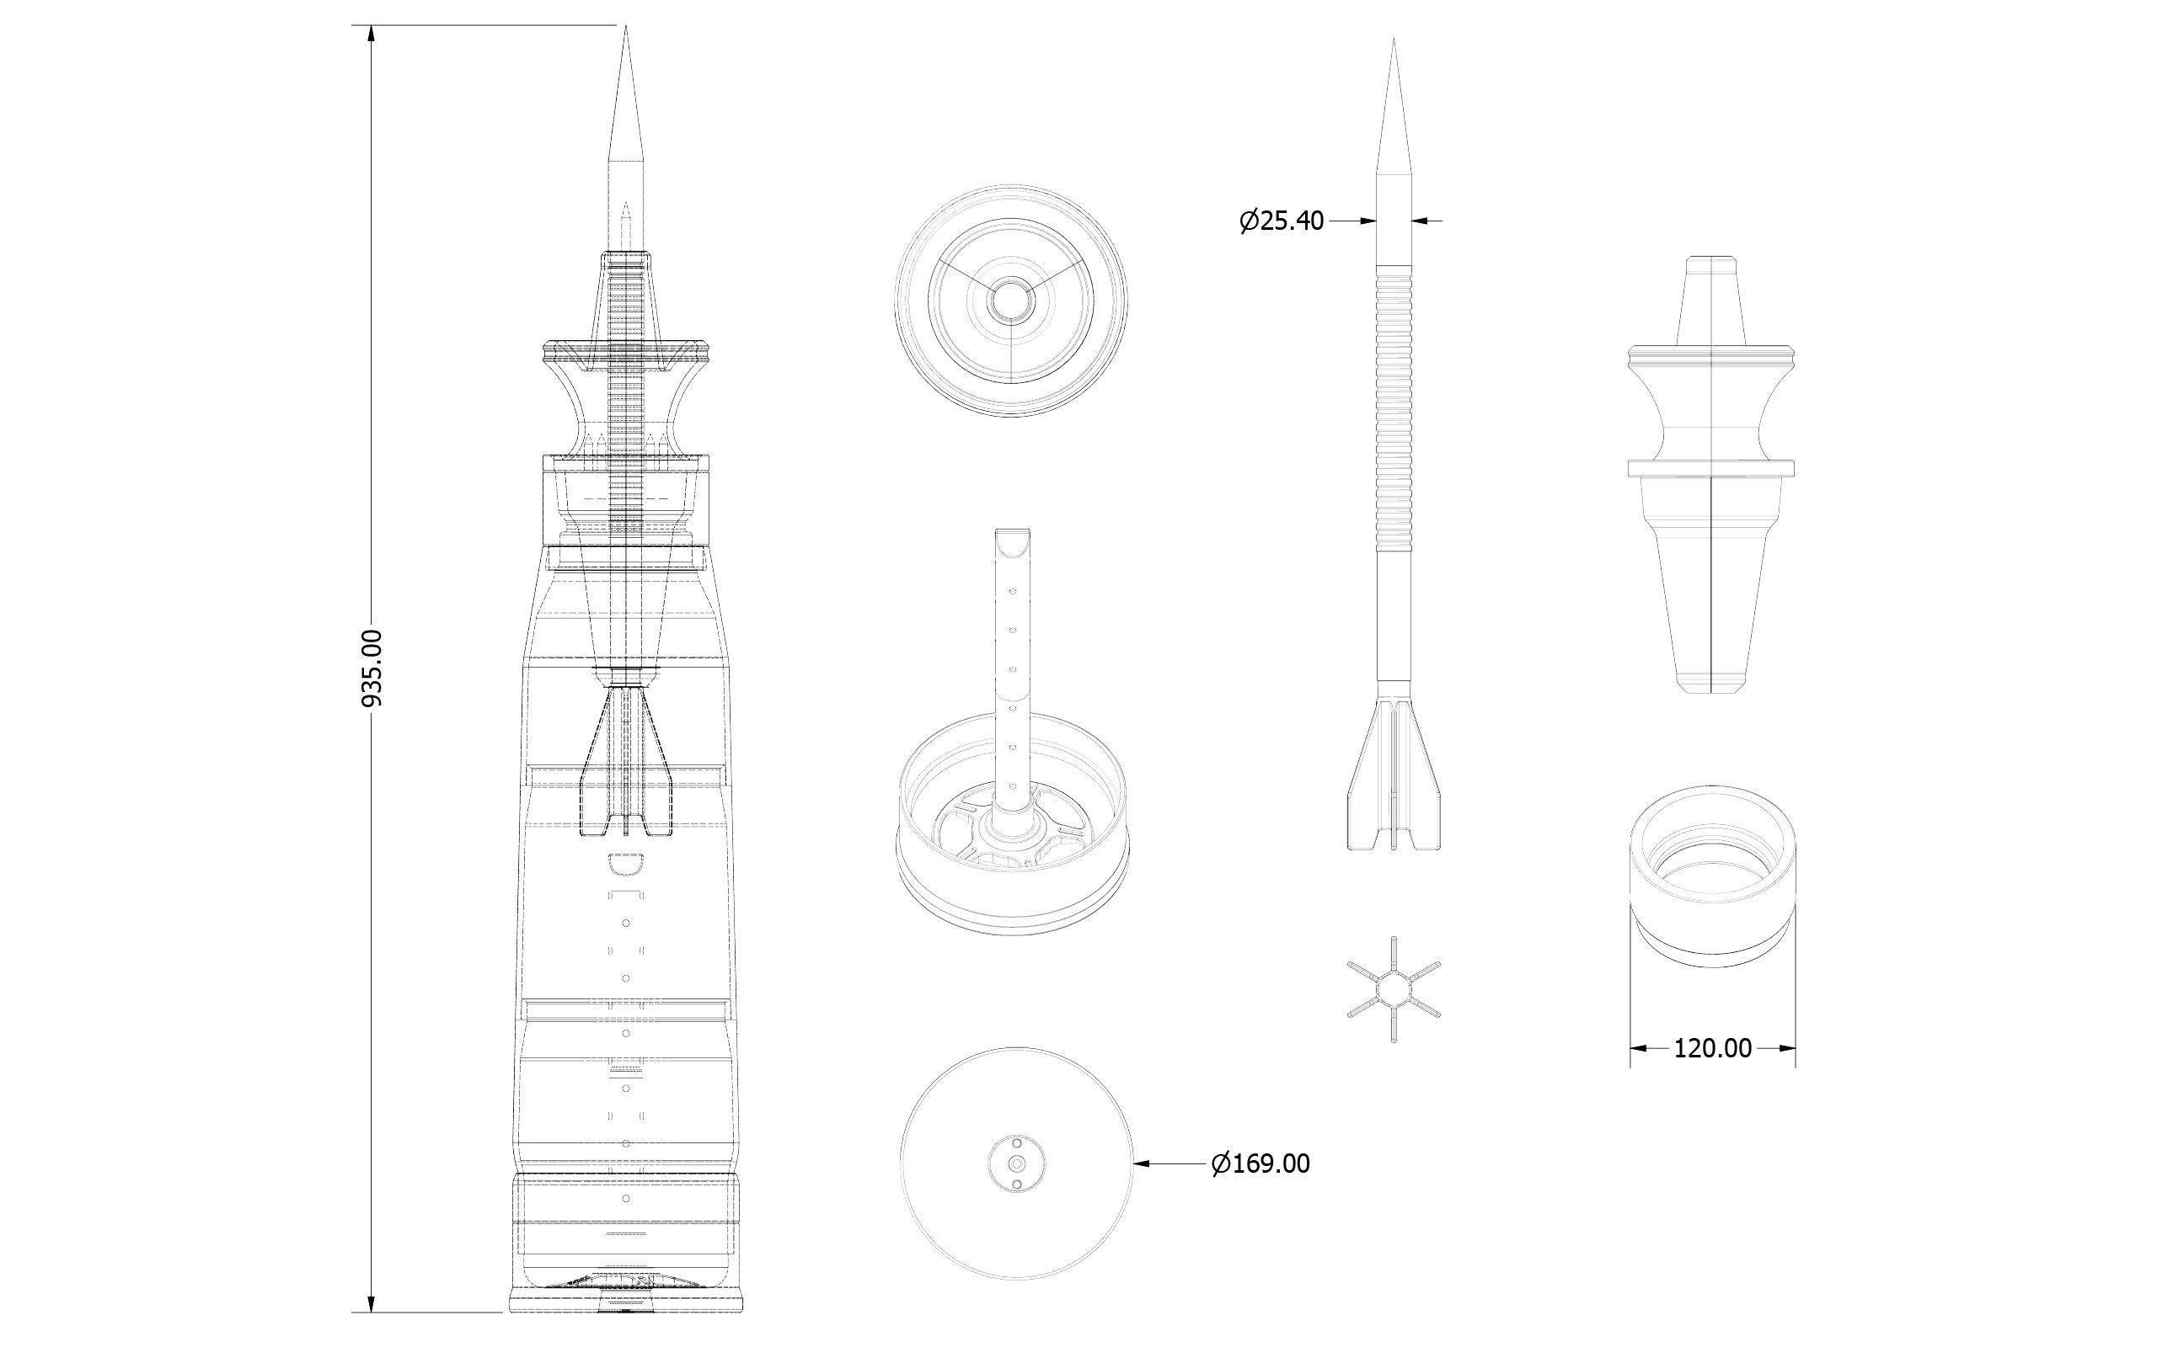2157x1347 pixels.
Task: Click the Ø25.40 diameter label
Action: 1282,221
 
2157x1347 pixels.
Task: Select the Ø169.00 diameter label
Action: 1260,1163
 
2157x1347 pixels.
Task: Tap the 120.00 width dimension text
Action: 1712,1049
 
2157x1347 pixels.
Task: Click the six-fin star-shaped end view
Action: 1393,990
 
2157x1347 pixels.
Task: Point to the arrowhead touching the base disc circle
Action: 1141,1163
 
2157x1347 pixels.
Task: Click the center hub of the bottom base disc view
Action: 1017,1163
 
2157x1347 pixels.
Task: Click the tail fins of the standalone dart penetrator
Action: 1393,775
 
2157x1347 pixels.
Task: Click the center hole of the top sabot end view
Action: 1011,301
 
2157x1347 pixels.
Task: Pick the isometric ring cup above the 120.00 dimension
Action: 1712,877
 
